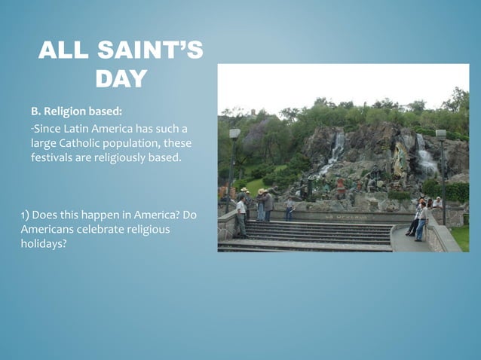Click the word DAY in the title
[121, 79]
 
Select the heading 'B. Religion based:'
[76, 111]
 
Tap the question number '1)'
[26, 215]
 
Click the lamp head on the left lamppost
[234, 133]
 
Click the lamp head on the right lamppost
[441, 134]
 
